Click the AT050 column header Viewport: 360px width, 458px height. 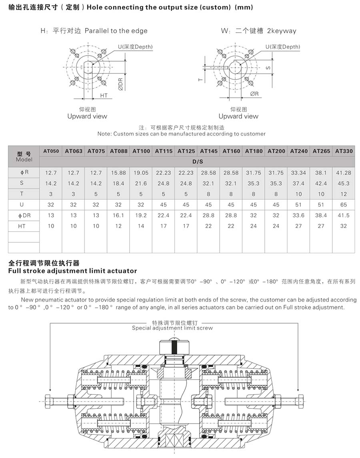pyautogui.click(x=51, y=151)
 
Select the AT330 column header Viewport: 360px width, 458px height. pyautogui.click(x=344, y=151)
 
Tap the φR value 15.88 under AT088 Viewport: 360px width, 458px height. pyautogui.click(x=118, y=173)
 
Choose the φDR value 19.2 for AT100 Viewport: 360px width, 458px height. pyautogui.click(x=141, y=215)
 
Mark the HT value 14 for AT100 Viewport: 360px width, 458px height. pyautogui.click(x=141, y=226)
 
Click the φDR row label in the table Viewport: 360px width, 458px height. pyautogui.click(x=24, y=215)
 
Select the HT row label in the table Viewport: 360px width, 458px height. pyautogui.click(x=24, y=226)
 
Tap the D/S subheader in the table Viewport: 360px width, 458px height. pyautogui.click(x=197, y=162)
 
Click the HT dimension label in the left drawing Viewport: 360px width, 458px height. pyautogui.click(x=104, y=96)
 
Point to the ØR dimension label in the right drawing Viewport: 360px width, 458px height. pyautogui.click(x=254, y=94)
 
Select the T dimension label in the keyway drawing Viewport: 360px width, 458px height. pyautogui.click(x=201, y=79)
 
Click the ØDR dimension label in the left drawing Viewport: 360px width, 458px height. pyautogui.click(x=120, y=83)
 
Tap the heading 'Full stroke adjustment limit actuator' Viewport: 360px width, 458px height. pyautogui.click(x=72, y=271)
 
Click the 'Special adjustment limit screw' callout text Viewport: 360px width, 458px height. pyautogui.click(x=172, y=328)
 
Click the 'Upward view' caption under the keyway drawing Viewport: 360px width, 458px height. pyautogui.click(x=238, y=116)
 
